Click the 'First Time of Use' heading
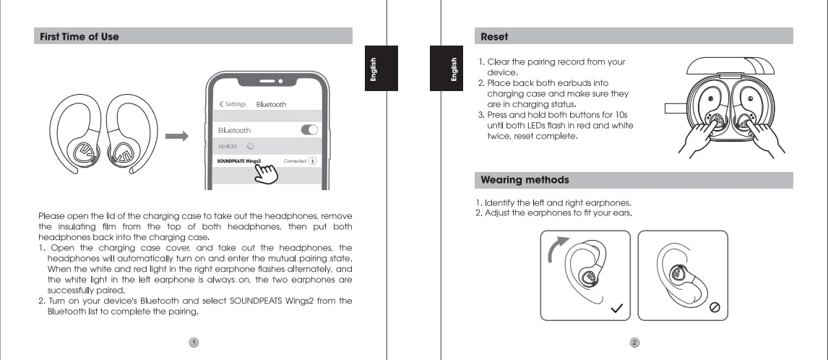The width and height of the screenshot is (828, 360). pyautogui.click(x=76, y=36)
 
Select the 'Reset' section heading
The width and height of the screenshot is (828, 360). pyautogui.click(x=494, y=36)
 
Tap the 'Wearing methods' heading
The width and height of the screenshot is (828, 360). pyautogui.click(x=525, y=180)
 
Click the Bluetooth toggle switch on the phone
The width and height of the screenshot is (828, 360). pyautogui.click(x=309, y=130)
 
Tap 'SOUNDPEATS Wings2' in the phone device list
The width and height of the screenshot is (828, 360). pyautogui.click(x=238, y=160)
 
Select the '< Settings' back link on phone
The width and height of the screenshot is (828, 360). pyautogui.click(x=233, y=104)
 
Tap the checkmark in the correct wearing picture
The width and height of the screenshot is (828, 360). pyautogui.click(x=616, y=308)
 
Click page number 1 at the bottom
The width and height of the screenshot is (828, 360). pyautogui.click(x=194, y=342)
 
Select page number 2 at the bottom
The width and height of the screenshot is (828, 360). pyautogui.click(x=634, y=342)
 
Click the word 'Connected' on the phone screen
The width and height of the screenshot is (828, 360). pyautogui.click(x=295, y=160)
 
